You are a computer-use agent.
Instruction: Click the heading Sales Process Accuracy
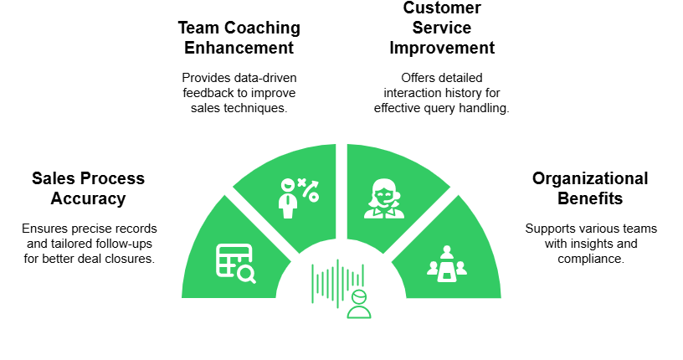point(88,188)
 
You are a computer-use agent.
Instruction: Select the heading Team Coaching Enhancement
point(239,38)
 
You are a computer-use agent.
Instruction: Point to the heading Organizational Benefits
point(590,188)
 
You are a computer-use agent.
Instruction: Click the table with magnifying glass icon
point(235,262)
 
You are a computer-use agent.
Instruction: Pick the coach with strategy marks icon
point(298,198)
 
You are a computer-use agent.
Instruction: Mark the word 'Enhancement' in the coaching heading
point(239,48)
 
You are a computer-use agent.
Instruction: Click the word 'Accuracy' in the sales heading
point(88,198)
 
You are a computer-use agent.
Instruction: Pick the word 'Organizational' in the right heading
point(590,178)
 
